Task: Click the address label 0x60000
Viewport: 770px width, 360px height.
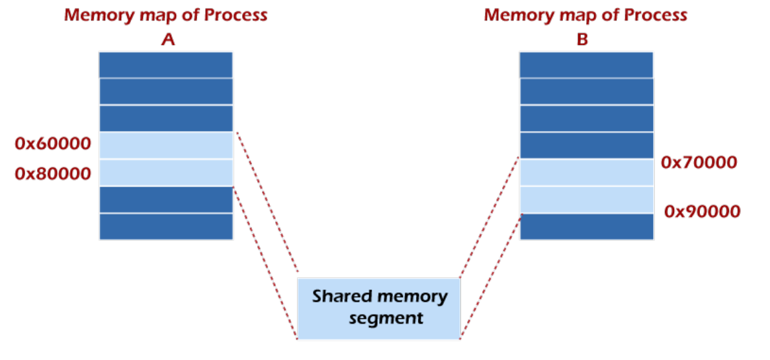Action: [x=53, y=144]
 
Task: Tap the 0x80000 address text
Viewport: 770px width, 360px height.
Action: [x=53, y=174]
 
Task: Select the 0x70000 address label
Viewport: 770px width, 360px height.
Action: [x=699, y=162]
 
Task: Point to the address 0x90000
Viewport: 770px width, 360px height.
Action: [x=702, y=212]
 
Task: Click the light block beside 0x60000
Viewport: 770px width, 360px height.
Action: [x=166, y=146]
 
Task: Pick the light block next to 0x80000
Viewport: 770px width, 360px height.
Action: [x=166, y=173]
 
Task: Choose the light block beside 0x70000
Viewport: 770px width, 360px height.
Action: [x=586, y=173]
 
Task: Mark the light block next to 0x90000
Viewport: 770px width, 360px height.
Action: [x=586, y=200]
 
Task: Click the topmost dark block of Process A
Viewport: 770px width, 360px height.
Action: [x=166, y=65]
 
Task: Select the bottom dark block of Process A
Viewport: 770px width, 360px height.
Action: [x=166, y=226]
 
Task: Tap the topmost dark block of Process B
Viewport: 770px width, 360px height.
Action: [x=586, y=65]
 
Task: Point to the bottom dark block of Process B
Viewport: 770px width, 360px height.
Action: [x=586, y=226]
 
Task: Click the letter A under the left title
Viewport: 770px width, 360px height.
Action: [x=168, y=40]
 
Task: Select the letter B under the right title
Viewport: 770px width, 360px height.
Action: [x=582, y=40]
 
